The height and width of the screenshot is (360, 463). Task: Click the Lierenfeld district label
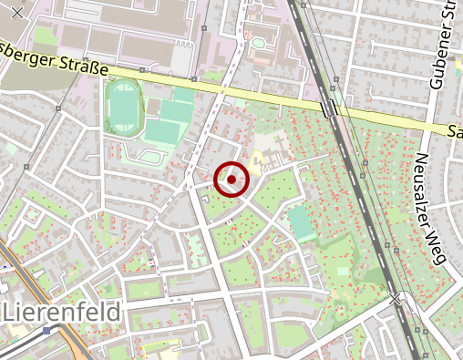pos(62,313)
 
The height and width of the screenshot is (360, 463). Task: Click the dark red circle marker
pos(232,180)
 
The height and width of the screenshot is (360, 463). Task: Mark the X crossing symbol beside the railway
pos(395,298)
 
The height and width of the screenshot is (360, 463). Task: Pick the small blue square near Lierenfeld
pos(46,331)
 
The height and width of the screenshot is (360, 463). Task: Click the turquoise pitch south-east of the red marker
pos(300,221)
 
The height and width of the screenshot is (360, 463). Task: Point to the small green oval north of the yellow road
pos(259,42)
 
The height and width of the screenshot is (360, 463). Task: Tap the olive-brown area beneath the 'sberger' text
pos(27,73)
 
